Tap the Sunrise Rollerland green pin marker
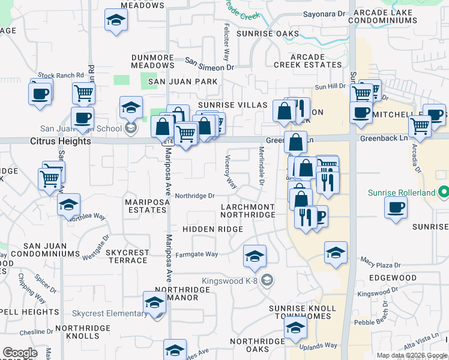tap(443, 193)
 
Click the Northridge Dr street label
tap(194, 196)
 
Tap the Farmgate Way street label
tap(196, 254)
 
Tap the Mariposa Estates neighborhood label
tap(146, 206)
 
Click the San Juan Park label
tap(175, 81)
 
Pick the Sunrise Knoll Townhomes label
tap(300, 312)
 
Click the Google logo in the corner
tap(20, 352)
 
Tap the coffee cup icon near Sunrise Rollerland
tap(396, 208)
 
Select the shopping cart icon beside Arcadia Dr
tap(420, 127)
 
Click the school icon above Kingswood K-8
tap(255, 256)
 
